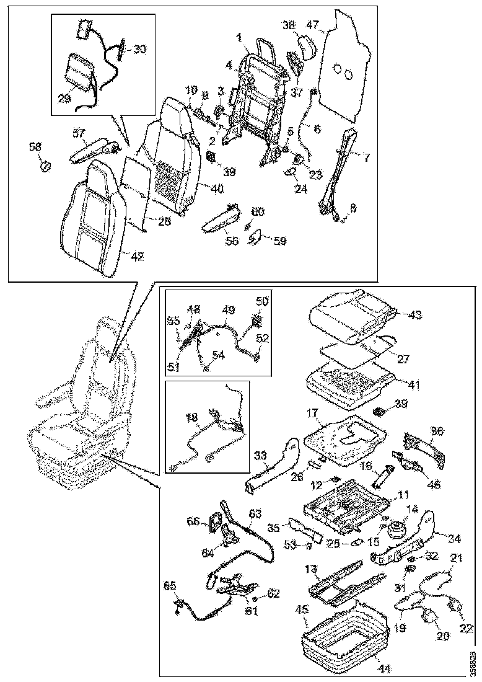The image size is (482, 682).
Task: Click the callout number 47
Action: pyautogui.click(x=312, y=25)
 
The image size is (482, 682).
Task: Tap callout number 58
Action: pyautogui.click(x=36, y=147)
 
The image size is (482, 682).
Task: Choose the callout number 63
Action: pyautogui.click(x=256, y=513)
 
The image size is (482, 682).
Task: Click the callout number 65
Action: pyautogui.click(x=170, y=585)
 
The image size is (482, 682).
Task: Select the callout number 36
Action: pyautogui.click(x=437, y=430)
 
